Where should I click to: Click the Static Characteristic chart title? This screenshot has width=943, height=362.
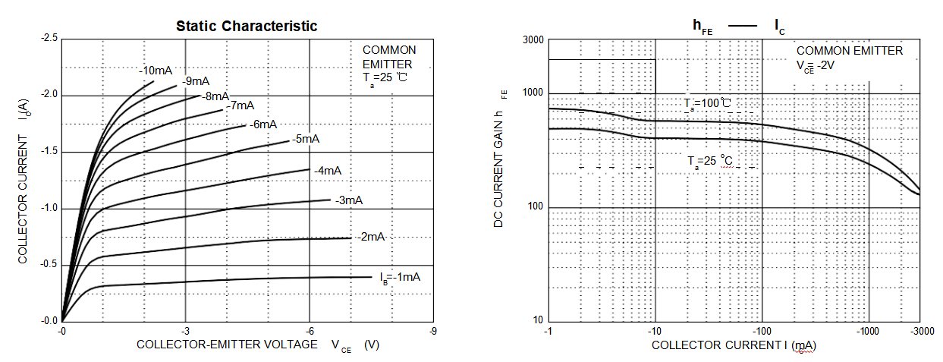(x=247, y=26)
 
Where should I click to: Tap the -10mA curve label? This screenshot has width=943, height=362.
(x=156, y=71)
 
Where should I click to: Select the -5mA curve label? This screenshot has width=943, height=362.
(x=305, y=139)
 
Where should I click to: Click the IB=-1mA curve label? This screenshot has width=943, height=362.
(x=400, y=276)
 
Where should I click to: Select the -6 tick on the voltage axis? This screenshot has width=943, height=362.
(x=309, y=332)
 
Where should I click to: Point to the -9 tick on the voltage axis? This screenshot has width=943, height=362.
(x=433, y=332)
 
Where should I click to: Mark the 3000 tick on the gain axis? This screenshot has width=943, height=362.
(x=534, y=39)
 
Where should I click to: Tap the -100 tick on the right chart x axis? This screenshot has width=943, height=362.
(x=761, y=332)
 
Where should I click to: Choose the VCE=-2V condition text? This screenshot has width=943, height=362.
(x=827, y=65)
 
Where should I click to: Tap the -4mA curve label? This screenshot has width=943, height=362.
(x=328, y=171)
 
